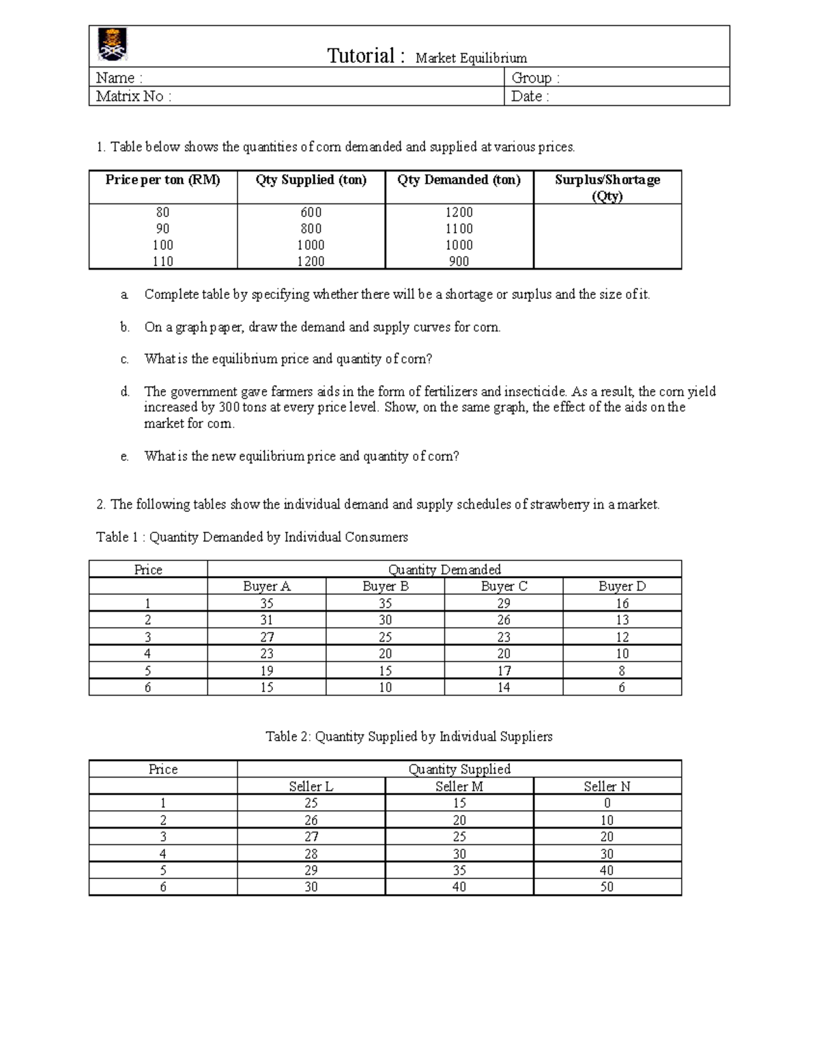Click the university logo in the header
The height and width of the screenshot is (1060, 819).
point(113,45)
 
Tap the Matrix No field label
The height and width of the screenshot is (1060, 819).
point(133,96)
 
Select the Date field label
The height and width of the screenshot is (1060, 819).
point(530,96)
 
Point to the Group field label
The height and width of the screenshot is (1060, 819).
point(535,78)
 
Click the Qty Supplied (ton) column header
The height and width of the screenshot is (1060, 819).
point(311,180)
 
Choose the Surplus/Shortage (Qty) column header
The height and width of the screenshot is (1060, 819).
point(607,188)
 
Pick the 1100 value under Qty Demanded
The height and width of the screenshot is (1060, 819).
point(459,229)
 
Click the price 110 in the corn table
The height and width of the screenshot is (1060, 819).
point(162,261)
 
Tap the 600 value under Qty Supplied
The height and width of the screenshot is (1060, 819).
point(311,212)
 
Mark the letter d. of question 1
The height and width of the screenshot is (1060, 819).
point(124,392)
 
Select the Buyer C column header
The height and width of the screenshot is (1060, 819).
point(504,586)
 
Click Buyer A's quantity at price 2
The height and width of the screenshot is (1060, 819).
point(266,620)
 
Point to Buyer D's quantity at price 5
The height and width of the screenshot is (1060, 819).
point(622,671)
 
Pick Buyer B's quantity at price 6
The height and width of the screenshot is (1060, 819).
point(385,687)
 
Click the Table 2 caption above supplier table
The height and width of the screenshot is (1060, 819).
point(409,736)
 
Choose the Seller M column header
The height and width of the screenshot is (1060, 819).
point(459,786)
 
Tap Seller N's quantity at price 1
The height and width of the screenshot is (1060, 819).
point(607,803)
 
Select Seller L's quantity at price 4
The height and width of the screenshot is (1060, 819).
point(311,854)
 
